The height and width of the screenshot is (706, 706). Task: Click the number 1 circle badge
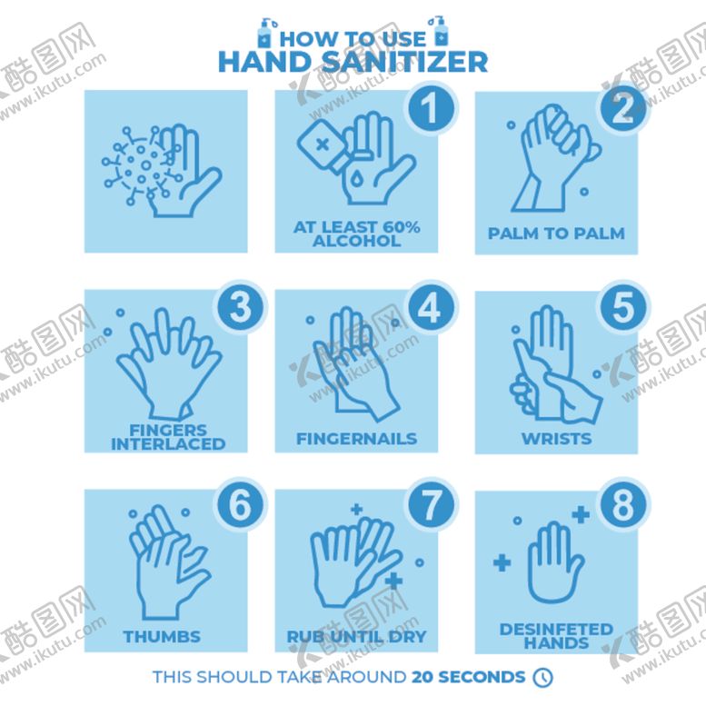[431, 108]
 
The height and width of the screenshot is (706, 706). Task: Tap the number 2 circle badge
[623, 108]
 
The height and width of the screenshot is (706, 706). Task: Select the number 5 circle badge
[623, 307]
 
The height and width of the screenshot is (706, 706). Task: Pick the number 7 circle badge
[431, 506]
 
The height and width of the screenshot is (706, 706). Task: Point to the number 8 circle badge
[623, 506]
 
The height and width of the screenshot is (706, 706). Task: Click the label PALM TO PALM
[556, 234]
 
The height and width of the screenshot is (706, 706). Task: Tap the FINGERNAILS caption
[356, 439]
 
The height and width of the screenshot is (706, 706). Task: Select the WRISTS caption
[556, 439]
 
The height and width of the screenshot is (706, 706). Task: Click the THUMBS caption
[162, 637]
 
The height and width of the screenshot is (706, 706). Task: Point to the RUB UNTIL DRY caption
[356, 637]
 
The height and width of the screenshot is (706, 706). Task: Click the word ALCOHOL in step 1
[356, 241]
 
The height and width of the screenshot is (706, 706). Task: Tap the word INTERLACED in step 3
[168, 444]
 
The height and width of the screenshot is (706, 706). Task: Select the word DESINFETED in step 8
[556, 629]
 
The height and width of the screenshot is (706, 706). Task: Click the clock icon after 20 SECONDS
[543, 677]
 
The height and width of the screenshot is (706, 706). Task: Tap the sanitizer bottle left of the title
[265, 33]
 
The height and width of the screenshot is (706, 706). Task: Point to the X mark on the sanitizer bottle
[323, 145]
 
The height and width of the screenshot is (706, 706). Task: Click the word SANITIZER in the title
[405, 62]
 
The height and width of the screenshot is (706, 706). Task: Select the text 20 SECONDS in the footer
[468, 677]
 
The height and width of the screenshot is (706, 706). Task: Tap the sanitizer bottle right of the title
[439, 32]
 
